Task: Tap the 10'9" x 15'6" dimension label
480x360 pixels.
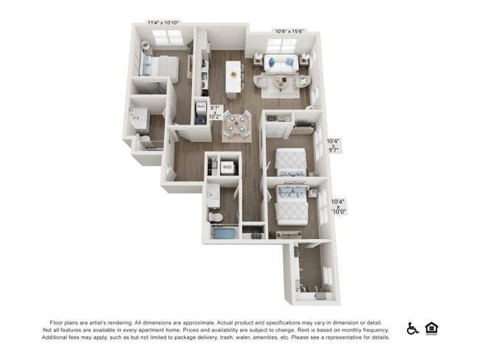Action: pyautogui.click(x=290, y=31)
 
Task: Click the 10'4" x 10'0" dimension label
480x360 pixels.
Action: pyautogui.click(x=338, y=206)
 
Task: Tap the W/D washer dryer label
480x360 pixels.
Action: pyautogui.click(x=228, y=167)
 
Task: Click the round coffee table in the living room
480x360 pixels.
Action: pyautogui.click(x=284, y=81)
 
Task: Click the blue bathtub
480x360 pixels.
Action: pyautogui.click(x=222, y=234)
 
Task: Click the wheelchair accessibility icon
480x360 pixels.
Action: pyautogui.click(x=413, y=328)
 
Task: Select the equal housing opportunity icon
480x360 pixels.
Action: pyautogui.click(x=431, y=328)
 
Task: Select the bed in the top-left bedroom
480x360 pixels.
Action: pyautogui.click(x=161, y=67)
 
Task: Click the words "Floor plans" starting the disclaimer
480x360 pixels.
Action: pyautogui.click(x=64, y=322)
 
